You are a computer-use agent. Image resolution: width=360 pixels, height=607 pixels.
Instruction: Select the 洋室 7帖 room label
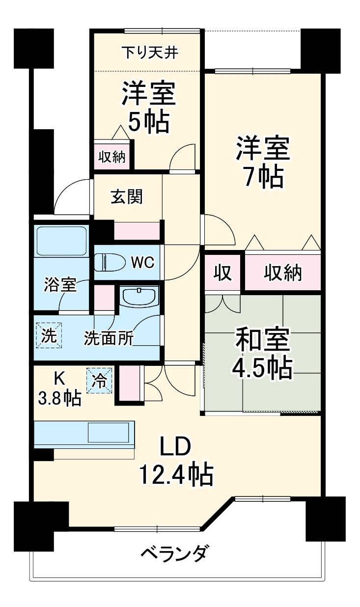(x=262, y=162)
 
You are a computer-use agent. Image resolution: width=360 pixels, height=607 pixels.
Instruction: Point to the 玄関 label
(x=127, y=196)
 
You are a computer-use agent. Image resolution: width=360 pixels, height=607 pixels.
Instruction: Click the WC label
(x=142, y=262)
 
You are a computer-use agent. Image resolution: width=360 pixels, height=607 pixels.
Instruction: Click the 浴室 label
(x=60, y=284)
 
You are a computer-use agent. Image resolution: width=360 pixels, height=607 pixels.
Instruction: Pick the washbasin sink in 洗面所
(x=139, y=297)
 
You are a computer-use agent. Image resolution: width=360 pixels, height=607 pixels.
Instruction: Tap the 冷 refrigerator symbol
(x=99, y=381)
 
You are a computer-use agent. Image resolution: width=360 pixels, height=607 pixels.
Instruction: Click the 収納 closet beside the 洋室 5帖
(x=112, y=157)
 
